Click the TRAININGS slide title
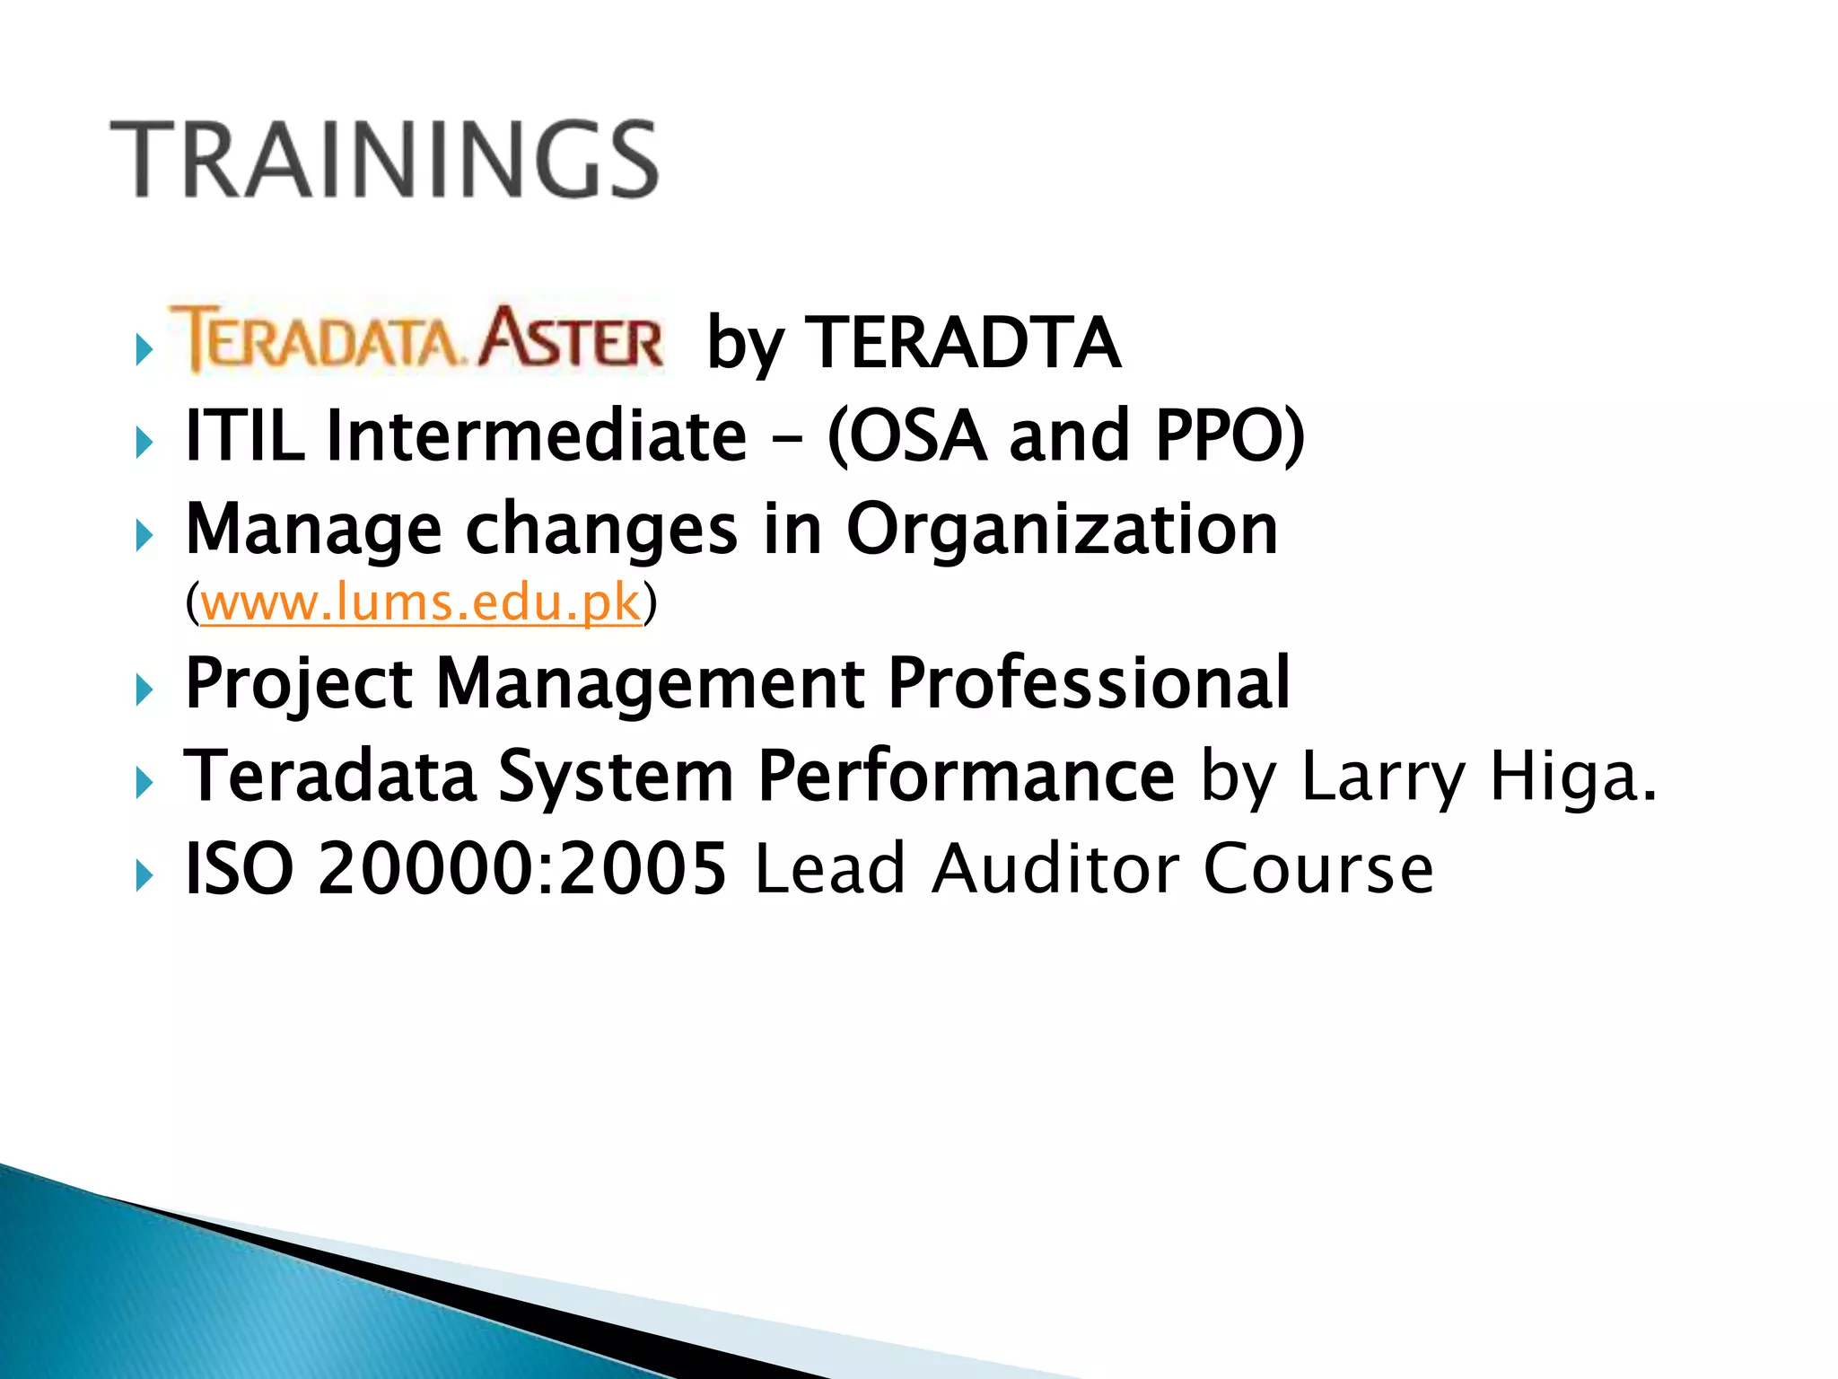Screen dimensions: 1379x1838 [384, 159]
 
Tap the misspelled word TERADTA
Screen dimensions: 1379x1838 [965, 343]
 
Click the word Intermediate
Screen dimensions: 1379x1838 [536, 435]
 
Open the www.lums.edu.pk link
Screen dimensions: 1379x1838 [421, 602]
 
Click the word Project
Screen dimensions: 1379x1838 [298, 684]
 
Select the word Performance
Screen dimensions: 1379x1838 [966, 776]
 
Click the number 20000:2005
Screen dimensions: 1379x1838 [521, 869]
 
